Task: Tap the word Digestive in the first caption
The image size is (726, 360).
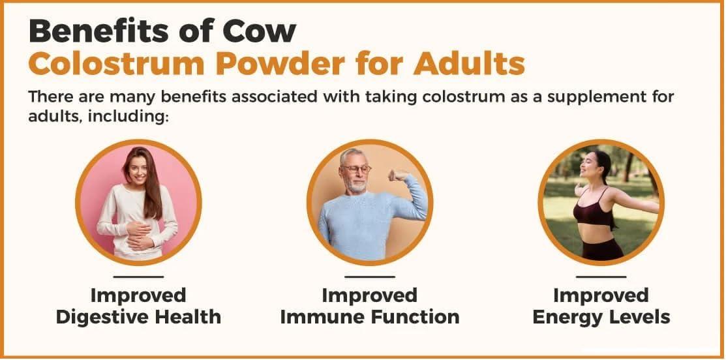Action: click(104, 318)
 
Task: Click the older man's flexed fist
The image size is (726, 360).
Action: click(397, 175)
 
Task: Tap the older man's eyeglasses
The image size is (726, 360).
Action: click(357, 169)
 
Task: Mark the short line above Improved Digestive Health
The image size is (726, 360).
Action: click(138, 277)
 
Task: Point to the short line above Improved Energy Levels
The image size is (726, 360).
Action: click(601, 277)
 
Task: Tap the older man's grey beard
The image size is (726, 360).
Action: click(356, 185)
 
